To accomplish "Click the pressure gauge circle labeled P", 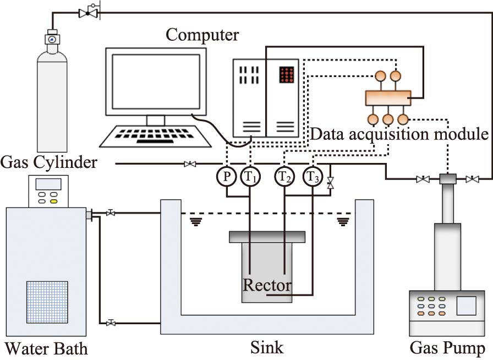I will pyautogui.click(x=226, y=177).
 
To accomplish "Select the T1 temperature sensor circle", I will pyautogui.click(x=250, y=177).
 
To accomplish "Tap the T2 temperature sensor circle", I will pyautogui.click(x=284, y=177).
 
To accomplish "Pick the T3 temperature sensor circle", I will pyautogui.click(x=313, y=177).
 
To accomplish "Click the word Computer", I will pyautogui.click(x=202, y=36).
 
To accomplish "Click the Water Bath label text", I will pyautogui.click(x=46, y=348).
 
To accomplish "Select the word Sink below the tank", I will pyautogui.click(x=267, y=347).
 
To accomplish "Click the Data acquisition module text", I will pyautogui.click(x=399, y=134).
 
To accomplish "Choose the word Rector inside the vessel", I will pyautogui.click(x=267, y=286).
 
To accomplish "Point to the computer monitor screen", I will pyautogui.click(x=156, y=81).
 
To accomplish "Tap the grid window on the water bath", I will pyautogui.click(x=47, y=303).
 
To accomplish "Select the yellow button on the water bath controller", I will pyautogui.click(x=54, y=201).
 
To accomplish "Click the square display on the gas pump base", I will pyautogui.click(x=467, y=307).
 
